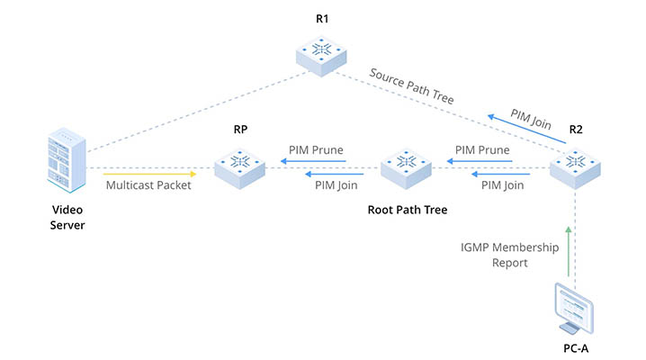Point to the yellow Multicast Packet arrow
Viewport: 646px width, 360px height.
pos(149,172)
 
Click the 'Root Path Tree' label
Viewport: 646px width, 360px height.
pos(408,210)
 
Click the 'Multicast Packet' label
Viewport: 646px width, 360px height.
pos(148,186)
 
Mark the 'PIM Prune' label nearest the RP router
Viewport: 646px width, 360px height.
pos(316,149)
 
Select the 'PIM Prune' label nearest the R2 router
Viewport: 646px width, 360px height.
pos(482,149)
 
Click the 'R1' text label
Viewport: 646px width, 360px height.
pos(322,19)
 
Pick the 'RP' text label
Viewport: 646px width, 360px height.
pos(240,130)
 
